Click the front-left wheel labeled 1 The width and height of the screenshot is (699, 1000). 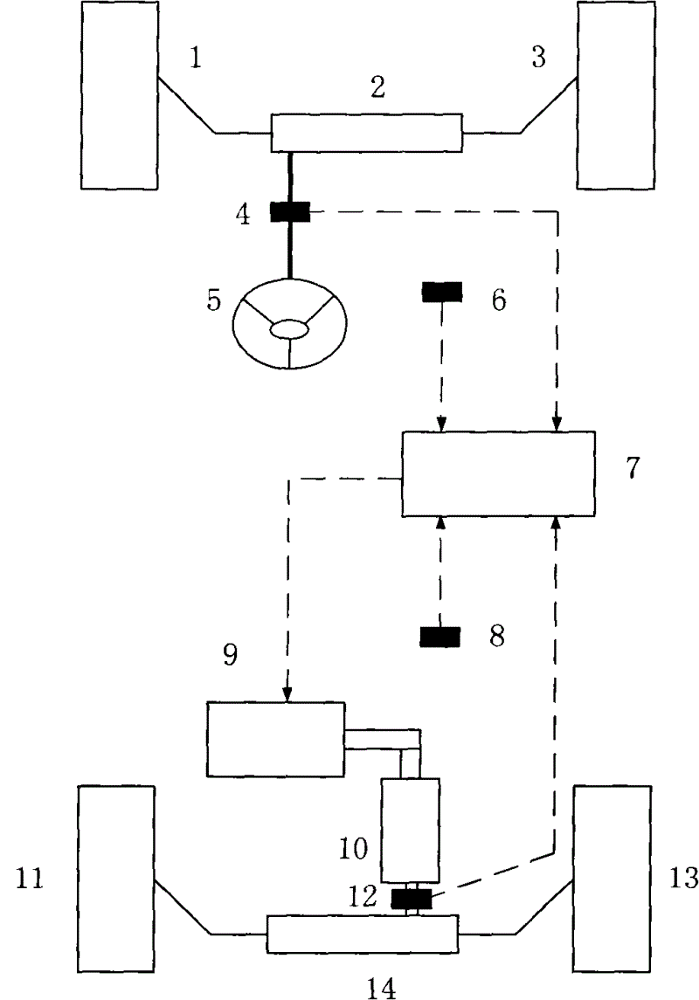(118, 95)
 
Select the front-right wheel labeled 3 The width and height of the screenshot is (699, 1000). (615, 95)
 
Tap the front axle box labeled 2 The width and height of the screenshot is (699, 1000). (366, 132)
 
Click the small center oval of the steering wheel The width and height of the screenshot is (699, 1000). (289, 330)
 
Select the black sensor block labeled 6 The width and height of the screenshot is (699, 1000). (442, 292)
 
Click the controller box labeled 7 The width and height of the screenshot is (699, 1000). (498, 474)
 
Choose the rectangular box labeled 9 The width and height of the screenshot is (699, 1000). (275, 738)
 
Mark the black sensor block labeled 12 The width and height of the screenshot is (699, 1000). (411, 898)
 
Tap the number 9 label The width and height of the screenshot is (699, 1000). (229, 656)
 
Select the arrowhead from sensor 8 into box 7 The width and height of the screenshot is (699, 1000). (439, 522)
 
